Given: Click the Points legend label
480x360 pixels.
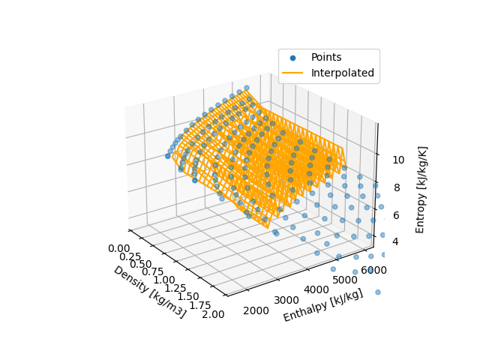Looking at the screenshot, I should (x=326, y=58).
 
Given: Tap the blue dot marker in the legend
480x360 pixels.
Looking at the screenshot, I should (x=292, y=58).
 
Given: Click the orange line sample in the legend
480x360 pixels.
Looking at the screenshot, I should (x=292, y=73).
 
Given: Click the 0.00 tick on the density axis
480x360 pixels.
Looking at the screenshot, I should (x=118, y=248).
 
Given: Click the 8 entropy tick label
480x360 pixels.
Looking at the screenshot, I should (x=395, y=188).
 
